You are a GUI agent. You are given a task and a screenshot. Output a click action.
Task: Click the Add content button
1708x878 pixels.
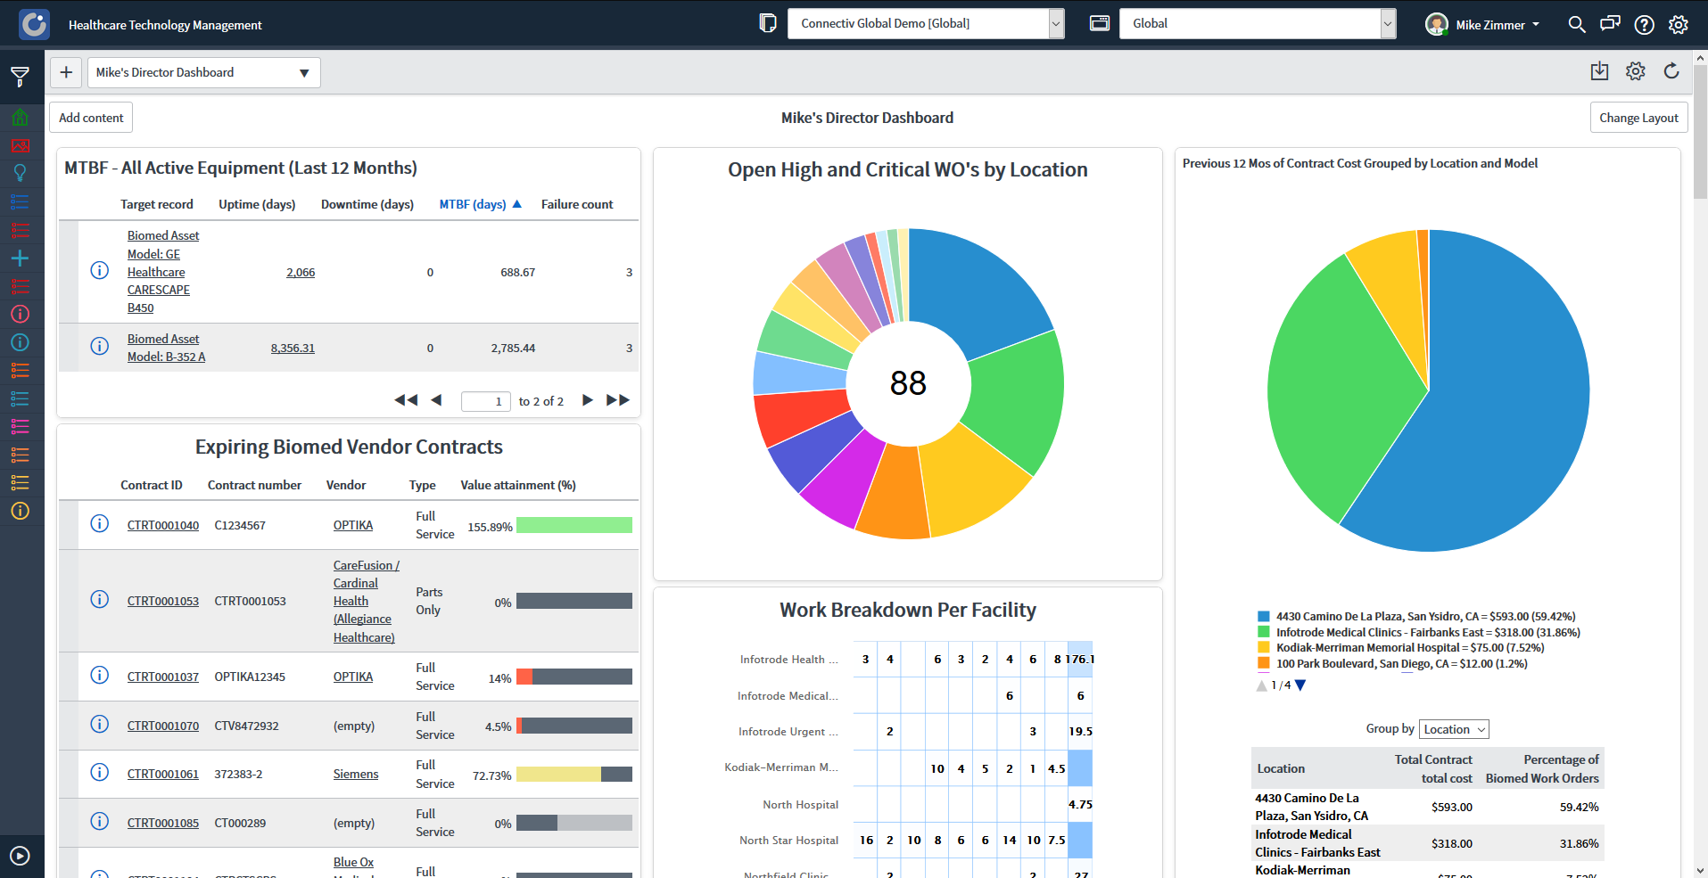tap(91, 118)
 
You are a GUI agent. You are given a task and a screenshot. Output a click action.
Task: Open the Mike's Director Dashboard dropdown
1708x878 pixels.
tap(203, 72)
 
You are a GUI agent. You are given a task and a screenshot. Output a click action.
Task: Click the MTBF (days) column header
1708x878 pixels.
tap(473, 204)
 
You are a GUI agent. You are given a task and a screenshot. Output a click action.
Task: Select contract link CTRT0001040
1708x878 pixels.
tap(163, 525)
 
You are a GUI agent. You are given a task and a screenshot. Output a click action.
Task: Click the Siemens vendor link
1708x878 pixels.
tap(356, 774)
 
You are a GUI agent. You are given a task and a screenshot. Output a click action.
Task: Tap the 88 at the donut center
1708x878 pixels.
tap(908, 383)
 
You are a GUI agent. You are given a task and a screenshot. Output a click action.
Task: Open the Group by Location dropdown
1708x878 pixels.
tap(1454, 729)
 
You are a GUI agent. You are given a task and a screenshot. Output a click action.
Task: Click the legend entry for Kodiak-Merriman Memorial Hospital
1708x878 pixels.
tap(1409, 648)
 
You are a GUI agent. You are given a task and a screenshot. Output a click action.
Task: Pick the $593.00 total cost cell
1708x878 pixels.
tap(1451, 807)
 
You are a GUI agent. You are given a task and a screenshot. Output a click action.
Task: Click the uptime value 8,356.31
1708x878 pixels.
tap(293, 348)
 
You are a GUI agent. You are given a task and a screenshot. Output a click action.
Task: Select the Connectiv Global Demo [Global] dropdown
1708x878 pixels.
tap(925, 24)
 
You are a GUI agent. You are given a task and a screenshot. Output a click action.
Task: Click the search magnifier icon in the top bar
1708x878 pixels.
tap(1577, 25)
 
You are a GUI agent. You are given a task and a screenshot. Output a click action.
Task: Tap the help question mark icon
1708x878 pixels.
tap(1644, 25)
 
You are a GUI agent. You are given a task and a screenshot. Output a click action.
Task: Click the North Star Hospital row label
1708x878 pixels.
tap(788, 840)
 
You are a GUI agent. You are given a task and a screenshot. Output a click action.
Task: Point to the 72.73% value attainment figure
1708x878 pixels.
tap(491, 775)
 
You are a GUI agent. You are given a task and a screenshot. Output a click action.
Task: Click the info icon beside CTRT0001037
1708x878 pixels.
tap(100, 676)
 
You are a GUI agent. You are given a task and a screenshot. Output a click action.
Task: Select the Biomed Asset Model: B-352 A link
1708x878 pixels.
tap(166, 348)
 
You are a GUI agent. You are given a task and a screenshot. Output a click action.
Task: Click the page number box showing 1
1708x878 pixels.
tap(486, 401)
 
